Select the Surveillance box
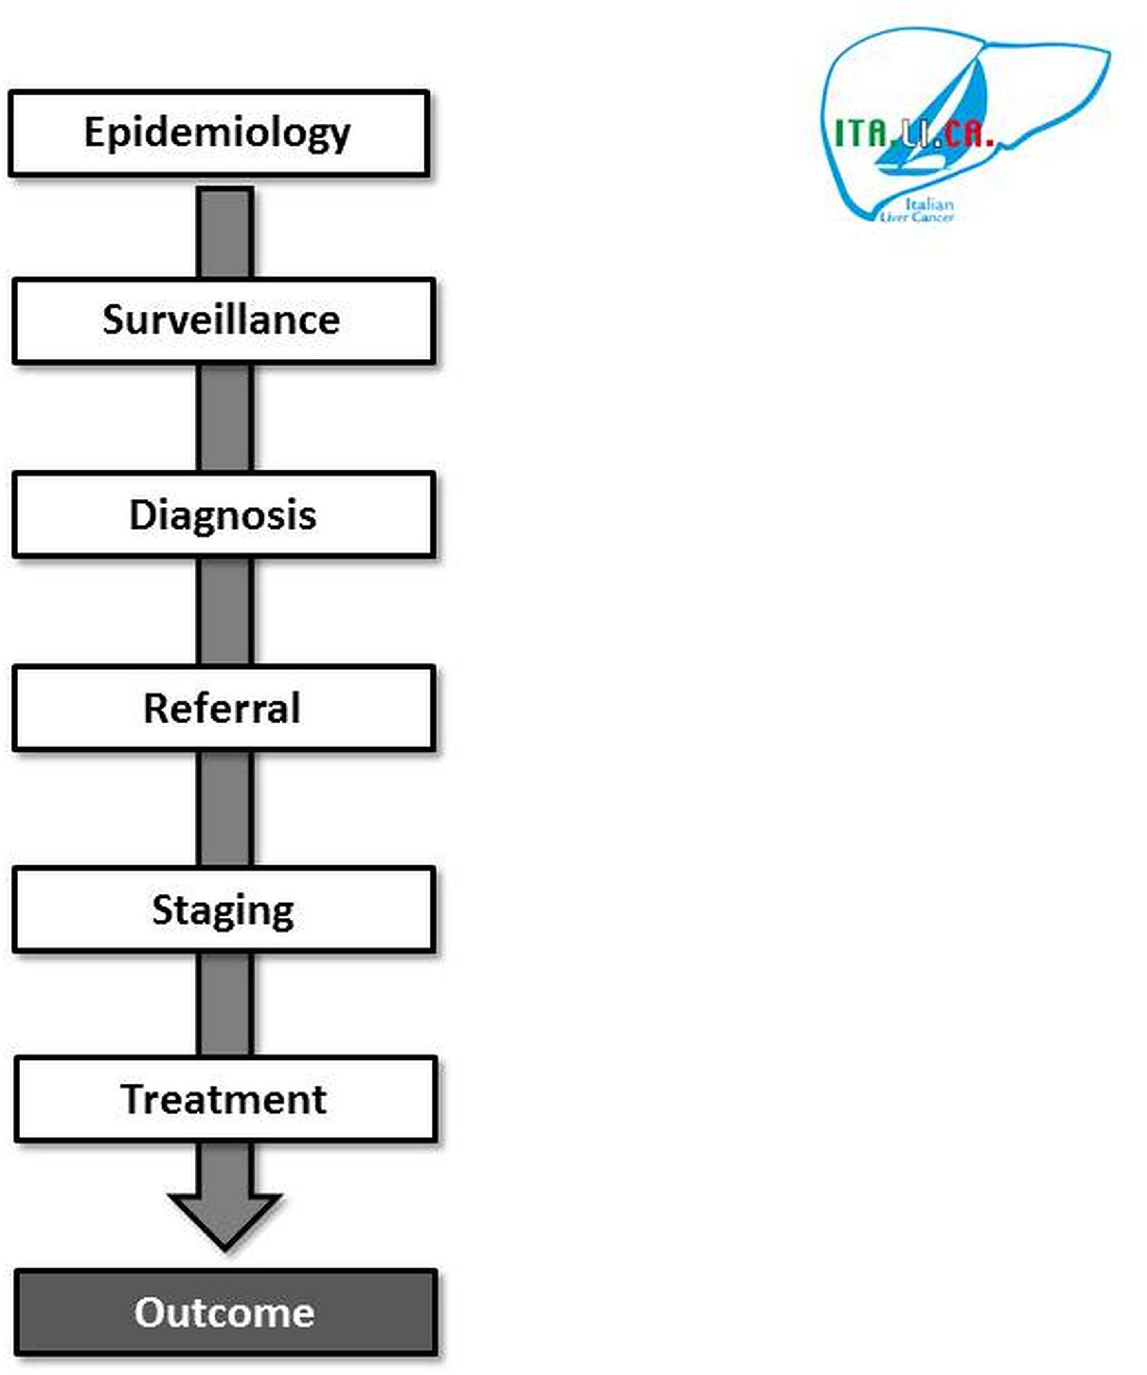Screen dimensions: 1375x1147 223,321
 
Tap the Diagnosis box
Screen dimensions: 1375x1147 223,515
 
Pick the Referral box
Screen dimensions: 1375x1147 223,709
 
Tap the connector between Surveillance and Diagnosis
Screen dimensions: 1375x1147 225,418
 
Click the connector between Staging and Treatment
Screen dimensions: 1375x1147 225,1004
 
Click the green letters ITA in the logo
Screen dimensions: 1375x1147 861,134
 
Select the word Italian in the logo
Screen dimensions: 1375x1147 929,204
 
